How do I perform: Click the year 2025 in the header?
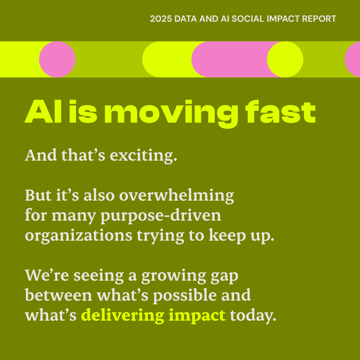(161, 19)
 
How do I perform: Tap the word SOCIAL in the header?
(248, 19)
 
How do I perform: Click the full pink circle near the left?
(57, 59)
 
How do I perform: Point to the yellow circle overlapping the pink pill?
(285, 59)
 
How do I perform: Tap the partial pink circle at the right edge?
(352, 59)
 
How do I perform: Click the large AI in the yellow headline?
(43, 112)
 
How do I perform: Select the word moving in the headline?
(171, 114)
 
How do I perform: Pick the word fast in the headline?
(281, 112)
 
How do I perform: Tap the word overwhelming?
(177, 196)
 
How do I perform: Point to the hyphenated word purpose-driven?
(161, 216)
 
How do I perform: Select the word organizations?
(79, 236)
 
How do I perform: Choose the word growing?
(174, 276)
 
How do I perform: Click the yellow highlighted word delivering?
(123, 316)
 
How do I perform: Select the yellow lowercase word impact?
(197, 316)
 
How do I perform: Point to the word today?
(253, 316)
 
